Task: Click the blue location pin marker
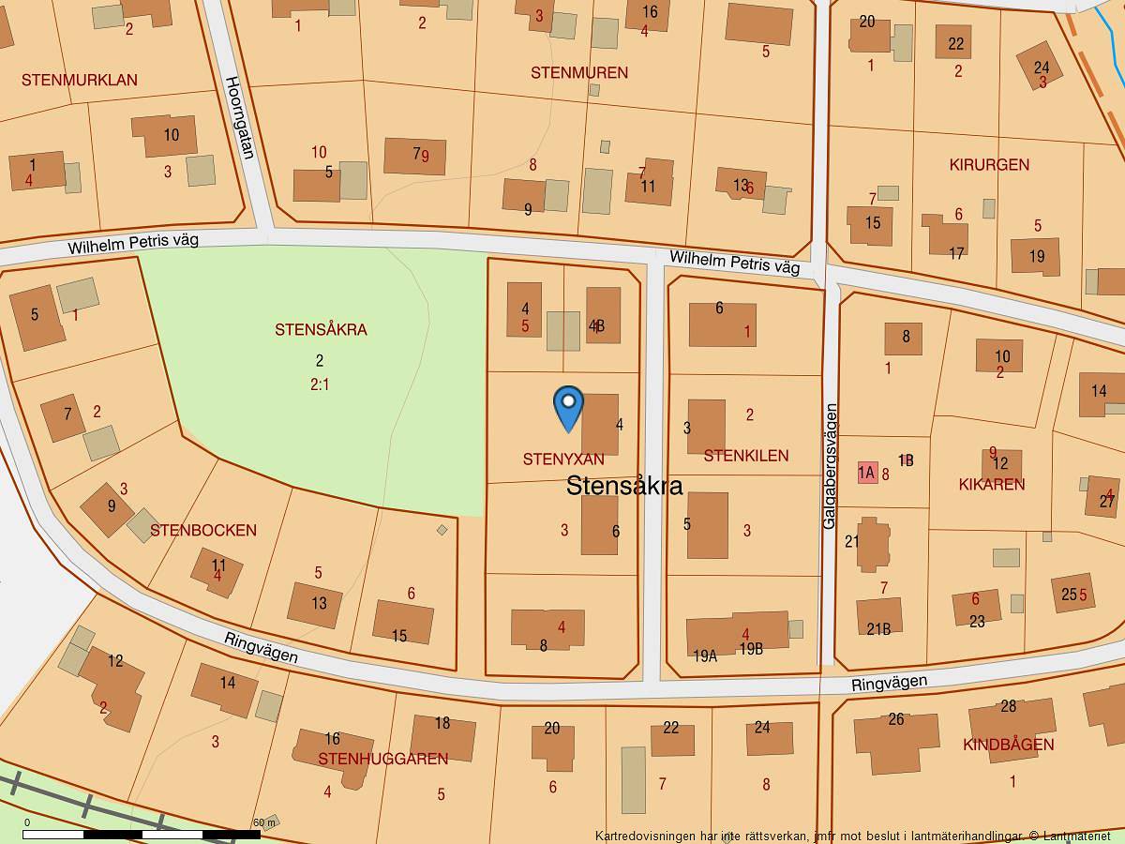pyautogui.click(x=568, y=407)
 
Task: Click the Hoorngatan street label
pyautogui.click(x=239, y=118)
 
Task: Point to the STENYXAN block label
pyautogui.click(x=563, y=460)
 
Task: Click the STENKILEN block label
pyautogui.click(x=746, y=456)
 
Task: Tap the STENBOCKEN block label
pyautogui.click(x=203, y=531)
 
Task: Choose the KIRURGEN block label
pyautogui.click(x=989, y=165)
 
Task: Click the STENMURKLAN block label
pyautogui.click(x=80, y=81)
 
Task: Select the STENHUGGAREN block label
pyautogui.click(x=383, y=759)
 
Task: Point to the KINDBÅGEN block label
pyautogui.click(x=1009, y=746)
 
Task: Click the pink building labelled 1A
pyautogui.click(x=867, y=473)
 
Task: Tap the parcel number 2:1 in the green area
pyautogui.click(x=320, y=384)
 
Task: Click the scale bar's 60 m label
pyautogui.click(x=265, y=822)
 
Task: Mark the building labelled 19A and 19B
pyautogui.click(x=738, y=634)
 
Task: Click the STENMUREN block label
pyautogui.click(x=579, y=73)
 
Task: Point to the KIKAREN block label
pyautogui.click(x=992, y=485)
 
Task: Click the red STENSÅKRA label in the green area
pyautogui.click(x=321, y=330)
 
